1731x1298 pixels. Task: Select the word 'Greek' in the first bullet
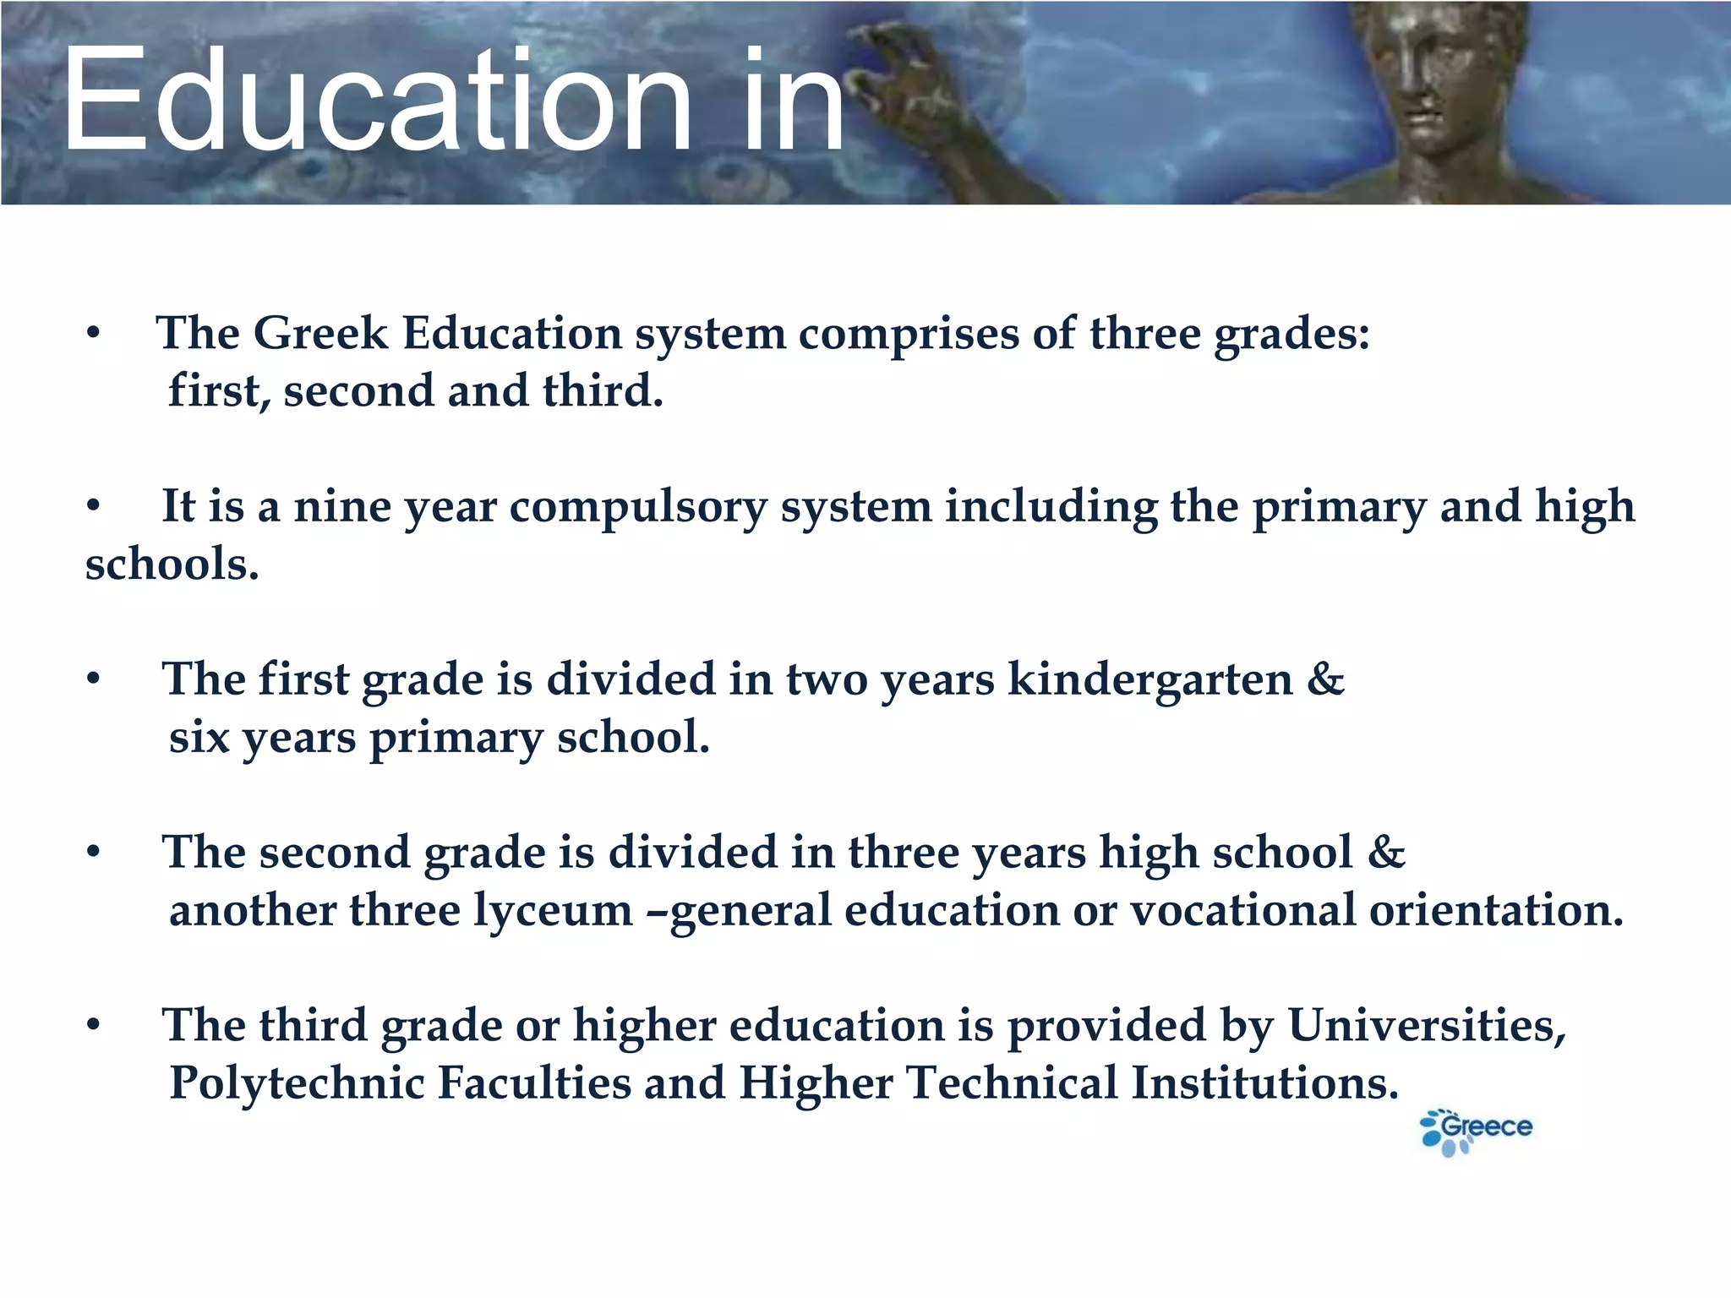click(320, 333)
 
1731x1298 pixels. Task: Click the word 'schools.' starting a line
click(172, 564)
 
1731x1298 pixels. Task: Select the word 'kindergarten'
click(1150, 681)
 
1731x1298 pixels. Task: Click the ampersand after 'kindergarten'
click(1325, 679)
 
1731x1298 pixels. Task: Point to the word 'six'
click(199, 738)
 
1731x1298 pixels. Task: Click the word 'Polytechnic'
click(297, 1084)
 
